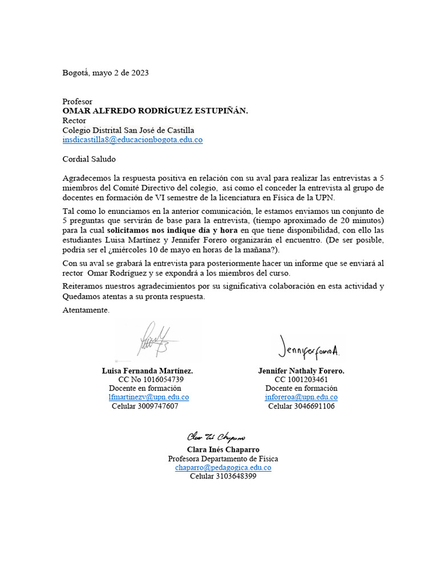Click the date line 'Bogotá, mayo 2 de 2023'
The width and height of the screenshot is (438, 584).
coord(105,72)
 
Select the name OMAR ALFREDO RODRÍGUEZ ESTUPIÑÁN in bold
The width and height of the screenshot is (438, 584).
coord(155,111)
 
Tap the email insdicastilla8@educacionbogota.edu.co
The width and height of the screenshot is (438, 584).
coord(132,139)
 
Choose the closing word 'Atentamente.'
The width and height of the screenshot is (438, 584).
coord(86,310)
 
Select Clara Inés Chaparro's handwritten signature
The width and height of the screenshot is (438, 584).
coord(216,437)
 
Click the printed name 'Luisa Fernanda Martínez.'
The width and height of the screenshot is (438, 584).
coord(147,371)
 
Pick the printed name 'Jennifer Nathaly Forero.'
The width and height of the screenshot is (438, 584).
coord(301,371)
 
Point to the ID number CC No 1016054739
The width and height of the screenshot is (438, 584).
coord(151,379)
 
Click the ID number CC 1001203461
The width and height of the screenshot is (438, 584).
coord(301,379)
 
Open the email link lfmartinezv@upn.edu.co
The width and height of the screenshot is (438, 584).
coord(149,397)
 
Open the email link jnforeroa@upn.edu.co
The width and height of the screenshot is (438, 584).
coord(301,397)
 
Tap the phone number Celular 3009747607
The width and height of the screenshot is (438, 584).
coord(145,406)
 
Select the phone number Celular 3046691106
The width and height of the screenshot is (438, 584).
coord(301,406)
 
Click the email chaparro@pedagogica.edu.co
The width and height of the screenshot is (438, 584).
coord(223,467)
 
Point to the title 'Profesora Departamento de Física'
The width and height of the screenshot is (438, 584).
coord(223,459)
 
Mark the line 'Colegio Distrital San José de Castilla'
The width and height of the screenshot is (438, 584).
coord(128,130)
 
